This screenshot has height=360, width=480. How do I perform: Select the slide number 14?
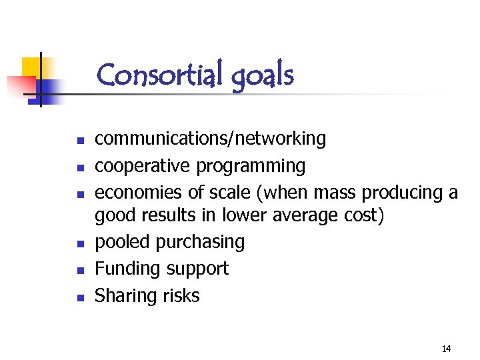[446, 349]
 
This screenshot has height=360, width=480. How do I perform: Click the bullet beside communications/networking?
[79, 141]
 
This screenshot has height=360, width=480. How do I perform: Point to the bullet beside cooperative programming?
[79, 168]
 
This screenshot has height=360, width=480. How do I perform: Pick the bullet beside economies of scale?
[79, 195]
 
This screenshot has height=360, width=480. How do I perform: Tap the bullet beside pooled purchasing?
[79, 244]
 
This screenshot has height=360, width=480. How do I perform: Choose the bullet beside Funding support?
[79, 271]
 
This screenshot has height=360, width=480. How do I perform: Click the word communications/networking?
[211, 139]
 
